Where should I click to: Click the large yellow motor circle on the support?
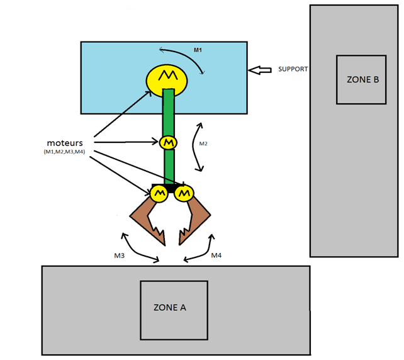pyautogui.click(x=167, y=79)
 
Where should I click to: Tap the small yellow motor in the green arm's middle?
pyautogui.click(x=168, y=143)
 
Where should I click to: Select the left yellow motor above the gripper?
pyautogui.click(x=159, y=193)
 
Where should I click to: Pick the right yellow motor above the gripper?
pyautogui.click(x=183, y=193)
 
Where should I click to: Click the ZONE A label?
pyautogui.click(x=170, y=308)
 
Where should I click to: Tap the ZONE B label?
pyautogui.click(x=362, y=80)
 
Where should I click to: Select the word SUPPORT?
pyautogui.click(x=293, y=69)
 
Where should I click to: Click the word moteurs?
pyautogui.click(x=65, y=142)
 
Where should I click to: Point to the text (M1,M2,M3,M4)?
pyautogui.click(x=65, y=152)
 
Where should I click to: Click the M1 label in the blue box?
pyautogui.click(x=197, y=50)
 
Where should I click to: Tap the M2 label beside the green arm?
pyautogui.click(x=203, y=144)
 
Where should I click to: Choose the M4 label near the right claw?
pyautogui.click(x=216, y=256)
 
